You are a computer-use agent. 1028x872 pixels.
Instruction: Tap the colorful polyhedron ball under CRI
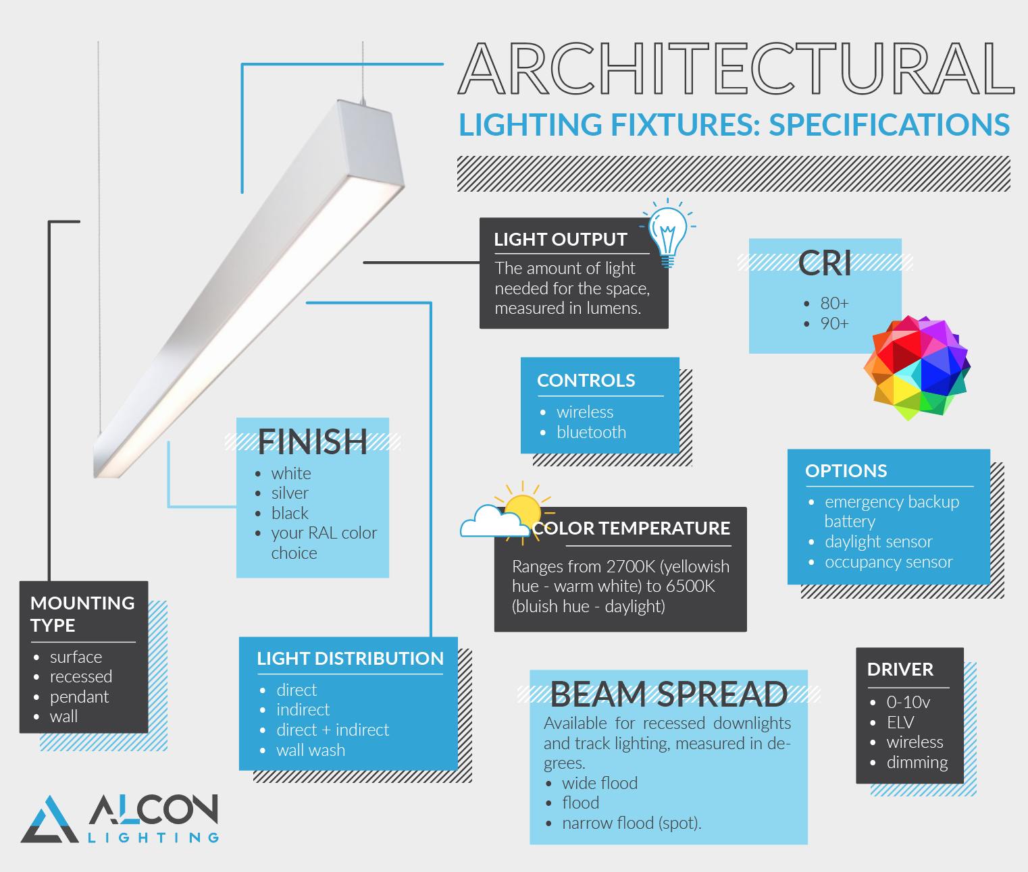click(917, 368)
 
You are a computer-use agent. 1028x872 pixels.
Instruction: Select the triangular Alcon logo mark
click(49, 820)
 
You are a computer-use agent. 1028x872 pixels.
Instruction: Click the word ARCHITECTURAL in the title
click(736, 69)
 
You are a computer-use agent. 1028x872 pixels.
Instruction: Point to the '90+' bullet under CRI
click(834, 324)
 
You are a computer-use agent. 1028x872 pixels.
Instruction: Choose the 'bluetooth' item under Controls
click(591, 433)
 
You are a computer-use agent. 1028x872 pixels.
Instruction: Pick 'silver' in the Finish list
click(290, 493)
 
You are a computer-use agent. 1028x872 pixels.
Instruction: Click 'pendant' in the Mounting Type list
click(79, 697)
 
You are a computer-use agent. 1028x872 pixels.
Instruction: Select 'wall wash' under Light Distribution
click(311, 751)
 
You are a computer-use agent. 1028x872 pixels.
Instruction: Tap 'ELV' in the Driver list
click(900, 723)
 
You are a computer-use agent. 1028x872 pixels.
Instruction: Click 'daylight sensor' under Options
click(878, 542)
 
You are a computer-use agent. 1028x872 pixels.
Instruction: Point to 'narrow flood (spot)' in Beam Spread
click(631, 823)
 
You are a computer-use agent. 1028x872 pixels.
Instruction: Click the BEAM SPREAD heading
click(669, 694)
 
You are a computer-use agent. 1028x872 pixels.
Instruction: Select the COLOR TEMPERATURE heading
click(632, 528)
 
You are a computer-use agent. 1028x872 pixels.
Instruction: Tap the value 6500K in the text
click(690, 587)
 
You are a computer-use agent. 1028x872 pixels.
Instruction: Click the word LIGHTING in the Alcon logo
click(154, 838)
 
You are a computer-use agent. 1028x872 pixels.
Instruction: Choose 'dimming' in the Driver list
click(917, 763)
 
